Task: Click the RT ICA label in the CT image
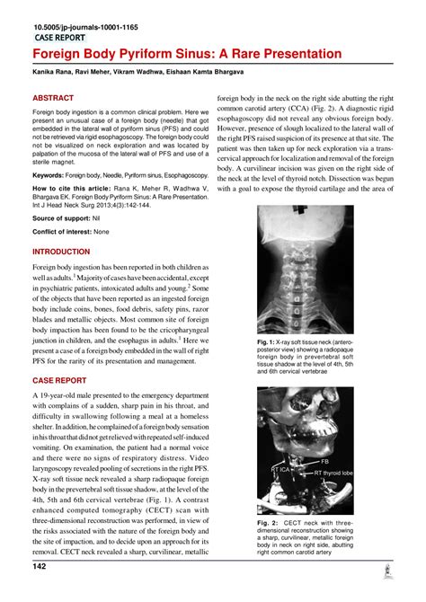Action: click(x=280, y=470)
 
